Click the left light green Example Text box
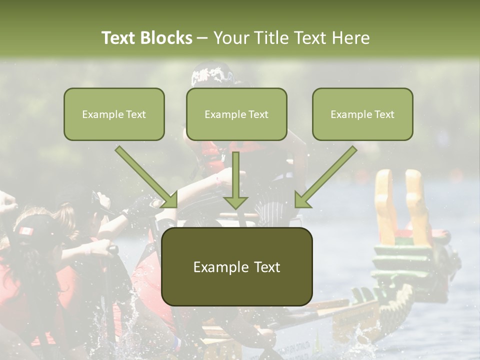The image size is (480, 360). pos(114,114)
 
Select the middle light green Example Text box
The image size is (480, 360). pos(236,114)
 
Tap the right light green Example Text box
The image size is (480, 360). pos(362,114)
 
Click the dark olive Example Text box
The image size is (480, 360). pos(236,266)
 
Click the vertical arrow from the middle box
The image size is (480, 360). pos(235,180)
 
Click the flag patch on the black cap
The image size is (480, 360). pos(26,231)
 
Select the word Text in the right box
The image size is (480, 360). pos(383,114)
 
